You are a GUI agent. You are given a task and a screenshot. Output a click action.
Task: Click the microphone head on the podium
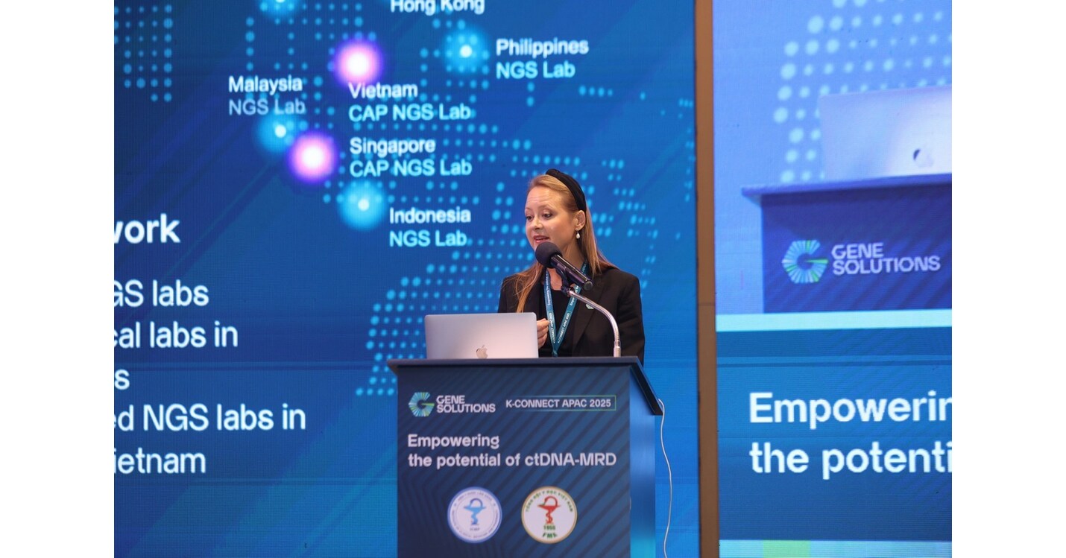[x=549, y=256]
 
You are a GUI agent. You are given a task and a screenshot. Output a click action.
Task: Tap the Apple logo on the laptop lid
[x=482, y=350]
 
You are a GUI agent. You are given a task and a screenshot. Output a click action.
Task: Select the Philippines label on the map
[x=542, y=47]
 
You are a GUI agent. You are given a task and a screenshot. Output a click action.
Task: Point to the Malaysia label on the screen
[x=265, y=84]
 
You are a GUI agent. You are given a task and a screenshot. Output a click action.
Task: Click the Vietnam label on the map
[x=383, y=91]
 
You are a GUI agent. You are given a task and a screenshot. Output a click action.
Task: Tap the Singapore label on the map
[x=392, y=146]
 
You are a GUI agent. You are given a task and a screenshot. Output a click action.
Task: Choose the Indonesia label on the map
[x=429, y=215]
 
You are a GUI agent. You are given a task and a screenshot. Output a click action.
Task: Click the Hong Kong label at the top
[x=438, y=7]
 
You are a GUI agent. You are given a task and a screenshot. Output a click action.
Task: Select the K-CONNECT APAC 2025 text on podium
[x=560, y=403]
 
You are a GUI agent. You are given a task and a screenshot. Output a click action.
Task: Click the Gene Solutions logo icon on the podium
[x=420, y=404]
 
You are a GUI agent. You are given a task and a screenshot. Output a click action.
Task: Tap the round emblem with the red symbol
[x=549, y=515]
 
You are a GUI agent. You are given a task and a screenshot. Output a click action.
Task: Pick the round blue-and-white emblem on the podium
[x=474, y=514]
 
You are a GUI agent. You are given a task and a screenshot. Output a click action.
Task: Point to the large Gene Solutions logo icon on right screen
[x=804, y=261]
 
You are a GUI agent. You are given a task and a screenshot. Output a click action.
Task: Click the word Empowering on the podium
[x=453, y=440]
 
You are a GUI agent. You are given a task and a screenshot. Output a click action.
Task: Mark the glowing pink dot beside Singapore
[x=312, y=157]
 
